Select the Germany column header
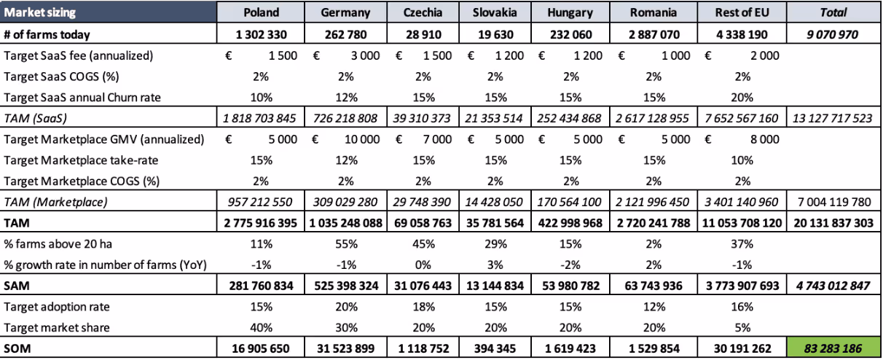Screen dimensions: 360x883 coord(346,12)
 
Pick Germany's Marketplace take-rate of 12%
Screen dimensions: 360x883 coord(346,160)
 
